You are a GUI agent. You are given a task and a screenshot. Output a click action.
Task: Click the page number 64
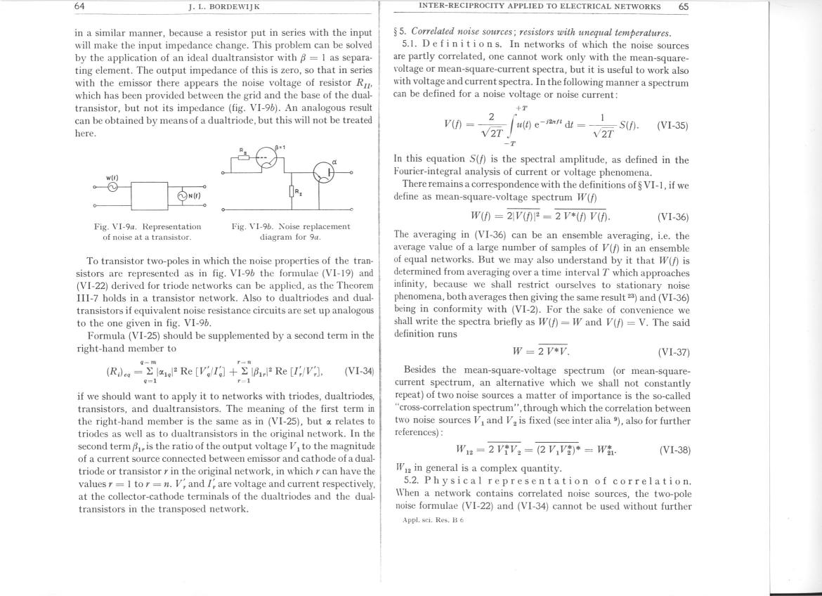(x=79, y=6)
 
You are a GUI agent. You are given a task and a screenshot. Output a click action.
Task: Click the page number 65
(x=683, y=6)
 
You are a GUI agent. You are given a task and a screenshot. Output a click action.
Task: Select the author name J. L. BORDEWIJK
(x=225, y=7)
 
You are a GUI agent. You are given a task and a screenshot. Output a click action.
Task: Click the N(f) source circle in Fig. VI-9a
(x=183, y=195)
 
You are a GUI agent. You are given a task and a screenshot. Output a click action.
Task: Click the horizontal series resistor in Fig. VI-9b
(x=243, y=157)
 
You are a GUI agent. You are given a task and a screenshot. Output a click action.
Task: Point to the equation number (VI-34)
(x=359, y=370)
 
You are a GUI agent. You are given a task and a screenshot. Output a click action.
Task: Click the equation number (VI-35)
(x=672, y=126)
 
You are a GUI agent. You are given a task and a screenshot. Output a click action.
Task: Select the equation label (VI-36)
(x=672, y=218)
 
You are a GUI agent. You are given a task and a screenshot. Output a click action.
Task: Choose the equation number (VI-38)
(x=672, y=448)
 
